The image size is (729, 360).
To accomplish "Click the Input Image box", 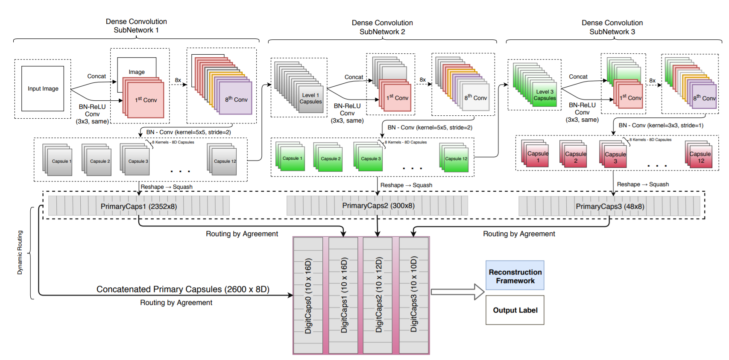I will click(x=43, y=89).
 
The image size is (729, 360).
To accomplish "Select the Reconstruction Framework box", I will click(x=515, y=276).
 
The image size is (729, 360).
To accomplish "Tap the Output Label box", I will click(x=515, y=310).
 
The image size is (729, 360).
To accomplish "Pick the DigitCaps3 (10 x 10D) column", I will click(x=413, y=295).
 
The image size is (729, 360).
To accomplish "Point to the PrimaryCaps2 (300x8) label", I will click(x=378, y=206).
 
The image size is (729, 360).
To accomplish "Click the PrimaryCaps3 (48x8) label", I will click(x=610, y=207).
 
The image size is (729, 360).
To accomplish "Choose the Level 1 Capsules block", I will click(x=310, y=99).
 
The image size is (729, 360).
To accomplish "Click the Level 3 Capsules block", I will click(x=545, y=95).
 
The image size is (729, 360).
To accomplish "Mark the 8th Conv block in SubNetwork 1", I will click(x=236, y=100).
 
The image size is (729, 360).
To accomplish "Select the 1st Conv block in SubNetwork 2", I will click(x=397, y=98).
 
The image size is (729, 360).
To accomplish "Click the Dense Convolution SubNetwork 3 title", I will click(x=612, y=27).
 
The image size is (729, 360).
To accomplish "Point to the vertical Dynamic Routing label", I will click(x=20, y=252).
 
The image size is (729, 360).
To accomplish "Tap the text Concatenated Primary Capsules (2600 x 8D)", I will click(x=183, y=289).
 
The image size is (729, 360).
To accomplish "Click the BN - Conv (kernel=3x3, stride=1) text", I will click(x=661, y=126).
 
